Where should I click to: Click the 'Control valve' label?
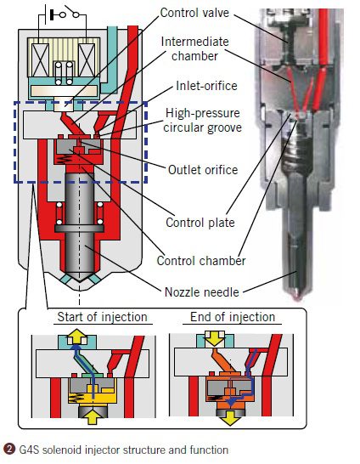click(194, 13)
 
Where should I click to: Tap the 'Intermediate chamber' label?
click(194, 48)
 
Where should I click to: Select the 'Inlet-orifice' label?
click(206, 86)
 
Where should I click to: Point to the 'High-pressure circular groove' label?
click(203, 120)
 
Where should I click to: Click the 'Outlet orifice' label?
click(203, 170)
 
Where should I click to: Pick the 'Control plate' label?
click(200, 223)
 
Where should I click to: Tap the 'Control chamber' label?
click(201, 261)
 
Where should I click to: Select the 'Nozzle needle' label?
click(201, 292)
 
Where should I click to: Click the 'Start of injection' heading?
click(102, 317)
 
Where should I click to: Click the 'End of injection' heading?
click(233, 317)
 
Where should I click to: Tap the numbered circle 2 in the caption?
click(8, 450)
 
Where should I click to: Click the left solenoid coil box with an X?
click(41, 60)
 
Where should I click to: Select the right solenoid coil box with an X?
click(87, 60)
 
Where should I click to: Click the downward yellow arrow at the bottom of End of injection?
click(230, 417)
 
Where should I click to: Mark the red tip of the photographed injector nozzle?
click(297, 297)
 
